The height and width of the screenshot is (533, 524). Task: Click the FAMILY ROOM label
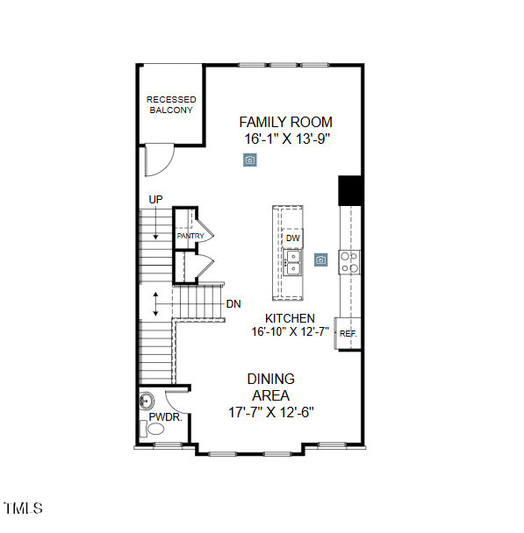[285, 122]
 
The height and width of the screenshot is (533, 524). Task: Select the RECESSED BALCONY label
[171, 105]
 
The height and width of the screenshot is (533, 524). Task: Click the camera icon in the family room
[250, 160]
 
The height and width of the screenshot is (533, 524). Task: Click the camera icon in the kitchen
[321, 259]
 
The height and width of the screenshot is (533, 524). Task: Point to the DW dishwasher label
[292, 238]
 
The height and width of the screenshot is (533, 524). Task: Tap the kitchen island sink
[292, 261]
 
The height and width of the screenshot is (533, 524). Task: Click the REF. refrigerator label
[348, 334]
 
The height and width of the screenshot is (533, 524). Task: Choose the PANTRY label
[190, 236]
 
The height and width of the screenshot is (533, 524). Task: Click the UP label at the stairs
[155, 200]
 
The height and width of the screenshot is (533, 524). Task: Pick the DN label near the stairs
[233, 304]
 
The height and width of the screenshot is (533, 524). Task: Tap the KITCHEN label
[291, 318]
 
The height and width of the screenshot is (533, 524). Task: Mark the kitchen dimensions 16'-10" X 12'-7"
[290, 331]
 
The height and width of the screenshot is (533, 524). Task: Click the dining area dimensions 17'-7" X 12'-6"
[270, 411]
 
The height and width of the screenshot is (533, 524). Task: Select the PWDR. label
[164, 418]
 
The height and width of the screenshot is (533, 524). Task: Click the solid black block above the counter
[350, 190]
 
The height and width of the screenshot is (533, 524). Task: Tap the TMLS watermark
[24, 508]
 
